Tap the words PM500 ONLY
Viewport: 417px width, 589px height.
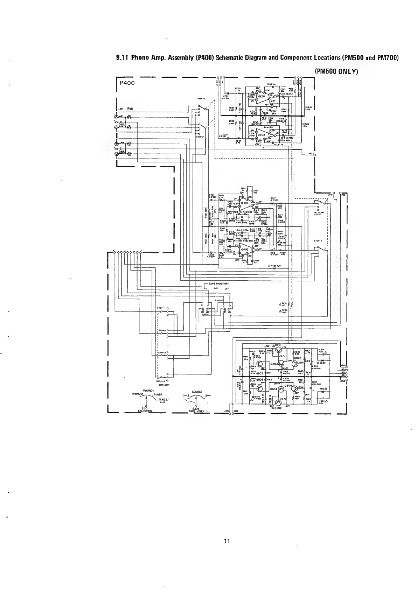click(336, 71)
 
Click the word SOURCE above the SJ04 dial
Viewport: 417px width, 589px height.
click(196, 392)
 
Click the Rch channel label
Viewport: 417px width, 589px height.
click(130, 108)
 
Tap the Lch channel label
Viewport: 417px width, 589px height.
click(120, 108)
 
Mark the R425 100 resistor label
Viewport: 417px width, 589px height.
click(275, 266)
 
